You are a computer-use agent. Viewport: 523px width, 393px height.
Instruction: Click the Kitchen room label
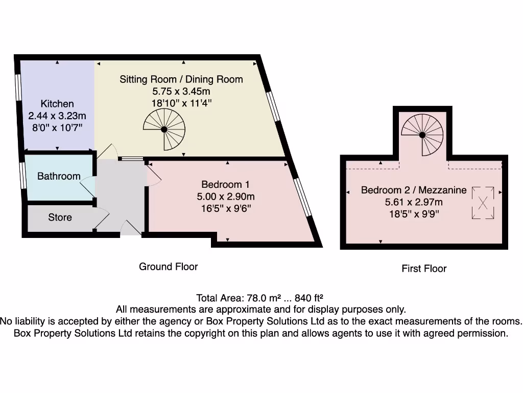pyautogui.click(x=57, y=104)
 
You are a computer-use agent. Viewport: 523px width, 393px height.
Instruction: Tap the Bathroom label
pyautogui.click(x=59, y=176)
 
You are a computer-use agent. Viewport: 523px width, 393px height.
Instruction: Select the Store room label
pyautogui.click(x=60, y=217)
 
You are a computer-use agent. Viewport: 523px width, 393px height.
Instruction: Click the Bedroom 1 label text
pyautogui.click(x=225, y=184)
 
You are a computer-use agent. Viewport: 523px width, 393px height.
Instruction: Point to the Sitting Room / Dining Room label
pyautogui.click(x=181, y=79)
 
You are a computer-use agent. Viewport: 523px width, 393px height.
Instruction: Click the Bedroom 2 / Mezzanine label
pyautogui.click(x=414, y=190)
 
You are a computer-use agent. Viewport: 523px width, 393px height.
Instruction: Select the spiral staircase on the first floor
pyautogui.click(x=422, y=135)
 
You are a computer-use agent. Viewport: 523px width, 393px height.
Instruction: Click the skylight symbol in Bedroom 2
pyautogui.click(x=482, y=203)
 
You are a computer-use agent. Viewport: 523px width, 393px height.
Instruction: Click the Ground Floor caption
pyautogui.click(x=168, y=267)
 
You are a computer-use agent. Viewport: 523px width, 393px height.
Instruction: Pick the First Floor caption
pyautogui.click(x=424, y=269)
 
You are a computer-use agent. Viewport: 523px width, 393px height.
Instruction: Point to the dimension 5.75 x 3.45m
pyautogui.click(x=181, y=92)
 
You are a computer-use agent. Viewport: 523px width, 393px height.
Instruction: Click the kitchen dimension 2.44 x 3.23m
pyautogui.click(x=57, y=116)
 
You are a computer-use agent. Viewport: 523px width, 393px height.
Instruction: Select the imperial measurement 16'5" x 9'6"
pyautogui.click(x=225, y=208)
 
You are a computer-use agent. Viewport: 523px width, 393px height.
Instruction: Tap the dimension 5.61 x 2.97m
pyautogui.click(x=414, y=202)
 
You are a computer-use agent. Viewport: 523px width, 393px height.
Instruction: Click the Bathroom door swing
pyautogui.click(x=87, y=185)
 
